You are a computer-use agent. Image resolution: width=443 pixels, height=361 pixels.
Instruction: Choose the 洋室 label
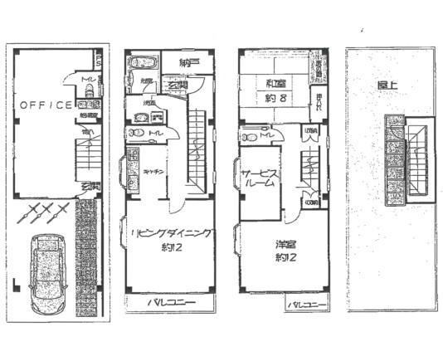287,245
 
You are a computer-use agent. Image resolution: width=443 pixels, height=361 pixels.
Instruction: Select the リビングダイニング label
169,235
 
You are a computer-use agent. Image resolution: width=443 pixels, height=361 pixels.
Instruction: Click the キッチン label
151,172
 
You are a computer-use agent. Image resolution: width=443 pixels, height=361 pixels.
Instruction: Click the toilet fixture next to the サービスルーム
249,134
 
